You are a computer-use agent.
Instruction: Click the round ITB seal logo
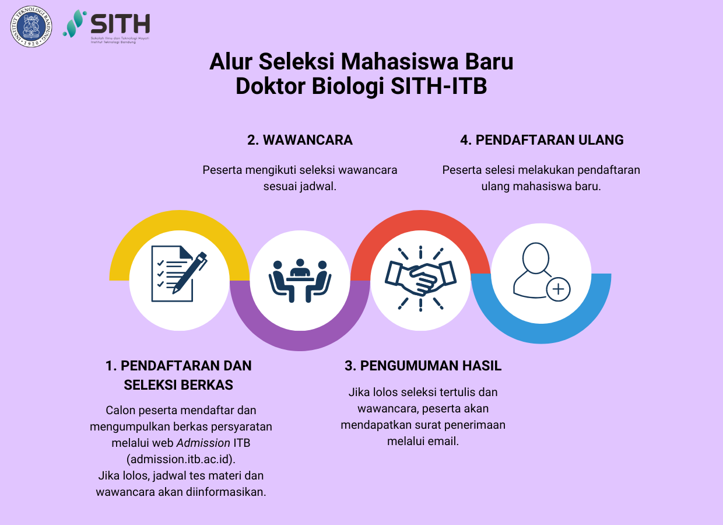[x=31, y=26]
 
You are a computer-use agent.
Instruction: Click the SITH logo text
[x=121, y=24]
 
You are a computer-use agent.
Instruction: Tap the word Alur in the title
[x=230, y=61]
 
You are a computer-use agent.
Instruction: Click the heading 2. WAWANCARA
[x=300, y=140]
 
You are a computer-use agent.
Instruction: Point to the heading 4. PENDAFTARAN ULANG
[x=542, y=140]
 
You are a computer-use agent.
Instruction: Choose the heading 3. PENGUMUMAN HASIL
[x=423, y=366]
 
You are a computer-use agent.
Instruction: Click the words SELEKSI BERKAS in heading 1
[x=178, y=384]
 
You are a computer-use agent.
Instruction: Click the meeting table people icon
[x=300, y=279]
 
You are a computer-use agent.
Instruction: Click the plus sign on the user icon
[x=559, y=289]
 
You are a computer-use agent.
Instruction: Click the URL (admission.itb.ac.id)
[x=181, y=458]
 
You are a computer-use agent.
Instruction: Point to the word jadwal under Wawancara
[x=318, y=187]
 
